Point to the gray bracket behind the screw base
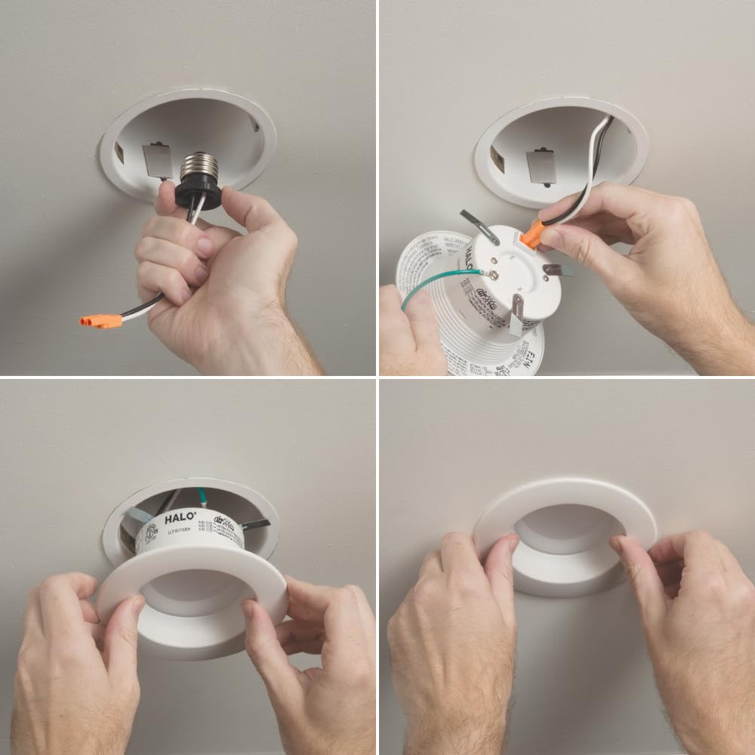(157, 159)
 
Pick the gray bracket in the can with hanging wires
(541, 167)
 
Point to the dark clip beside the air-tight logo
(255, 525)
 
